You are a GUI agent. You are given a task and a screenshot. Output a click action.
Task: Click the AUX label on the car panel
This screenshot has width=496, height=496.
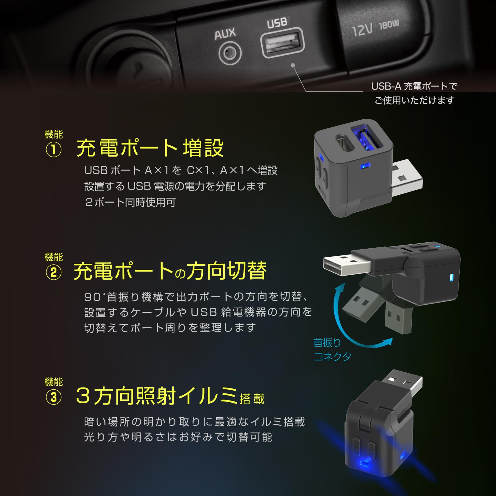pos(225,33)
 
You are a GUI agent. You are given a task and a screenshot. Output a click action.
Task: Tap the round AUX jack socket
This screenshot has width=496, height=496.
pos(230,53)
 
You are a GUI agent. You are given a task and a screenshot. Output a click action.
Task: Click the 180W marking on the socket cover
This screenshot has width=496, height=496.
pos(389,24)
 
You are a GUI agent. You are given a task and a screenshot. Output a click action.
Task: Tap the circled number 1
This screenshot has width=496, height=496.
pos(54,150)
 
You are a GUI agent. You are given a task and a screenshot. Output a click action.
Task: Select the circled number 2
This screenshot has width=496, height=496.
pos(54,273)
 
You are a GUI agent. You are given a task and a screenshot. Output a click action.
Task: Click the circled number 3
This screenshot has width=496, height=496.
pos(54,397)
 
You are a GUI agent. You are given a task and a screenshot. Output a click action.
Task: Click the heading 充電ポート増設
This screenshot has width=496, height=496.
pos(150,148)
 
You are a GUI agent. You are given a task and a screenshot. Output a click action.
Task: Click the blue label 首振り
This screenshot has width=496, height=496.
pos(327,343)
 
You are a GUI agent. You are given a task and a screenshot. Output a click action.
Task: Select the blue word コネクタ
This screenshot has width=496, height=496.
pos(332,356)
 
